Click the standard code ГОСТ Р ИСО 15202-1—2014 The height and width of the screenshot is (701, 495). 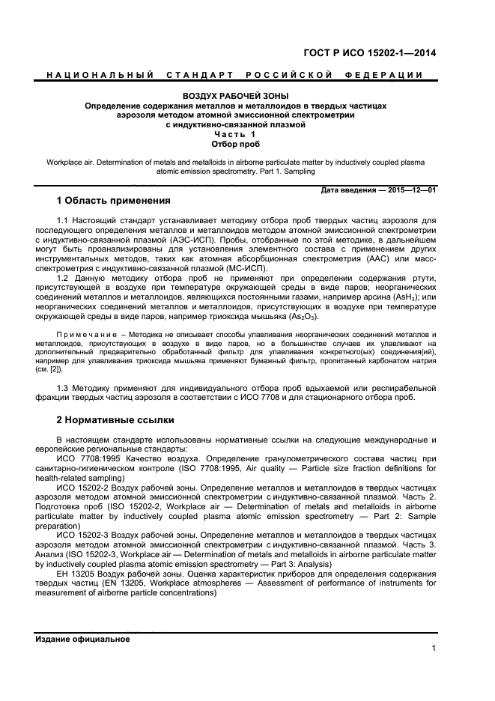tap(380, 53)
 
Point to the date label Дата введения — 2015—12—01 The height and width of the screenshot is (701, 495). tap(378, 190)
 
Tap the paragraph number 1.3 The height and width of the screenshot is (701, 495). tap(64, 387)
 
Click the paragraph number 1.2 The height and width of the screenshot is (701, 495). tap(64, 278)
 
